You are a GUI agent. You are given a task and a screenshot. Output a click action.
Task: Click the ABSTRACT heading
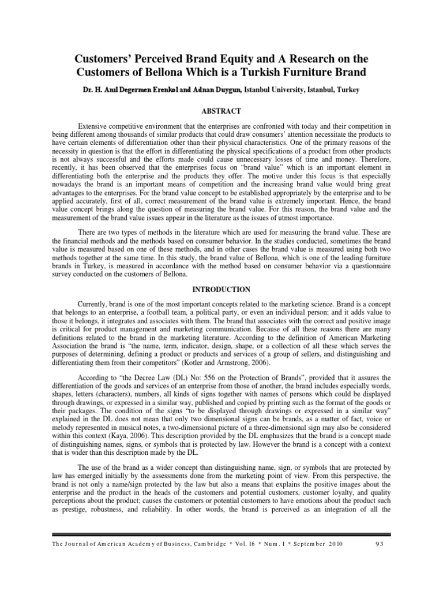tap(221, 110)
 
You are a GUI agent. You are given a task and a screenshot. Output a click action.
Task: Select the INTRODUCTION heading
tap(221, 289)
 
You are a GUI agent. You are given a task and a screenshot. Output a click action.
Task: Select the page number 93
tap(378, 545)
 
